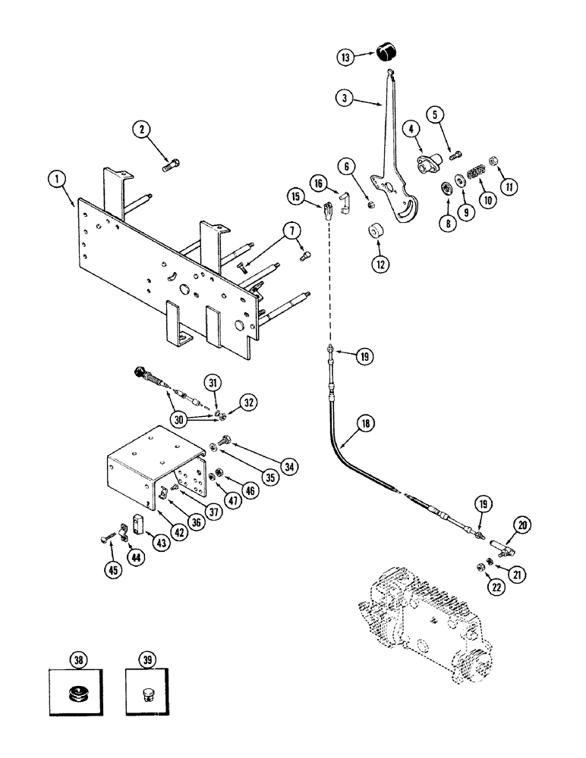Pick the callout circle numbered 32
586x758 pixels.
(x=246, y=401)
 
